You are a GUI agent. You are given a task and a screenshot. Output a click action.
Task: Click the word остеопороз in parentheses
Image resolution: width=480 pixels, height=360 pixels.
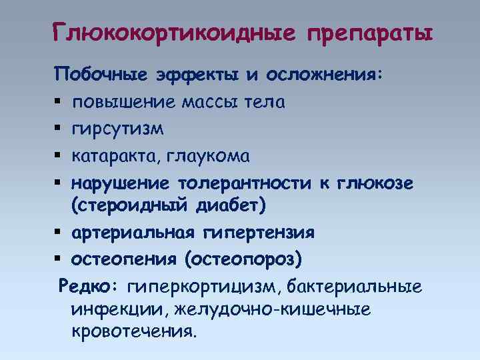[247, 258]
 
